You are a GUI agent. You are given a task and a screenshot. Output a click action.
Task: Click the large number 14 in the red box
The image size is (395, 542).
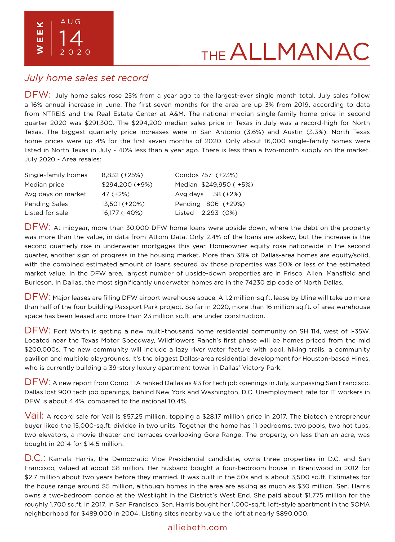coord(71,38)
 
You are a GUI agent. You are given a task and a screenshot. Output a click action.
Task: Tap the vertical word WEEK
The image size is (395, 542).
coord(40,38)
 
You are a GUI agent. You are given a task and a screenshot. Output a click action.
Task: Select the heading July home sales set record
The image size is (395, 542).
coord(86,78)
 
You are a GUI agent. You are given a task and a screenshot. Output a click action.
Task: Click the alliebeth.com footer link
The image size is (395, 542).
coord(197,527)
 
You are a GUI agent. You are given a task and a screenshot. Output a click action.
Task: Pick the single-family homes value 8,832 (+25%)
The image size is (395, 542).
coord(122,175)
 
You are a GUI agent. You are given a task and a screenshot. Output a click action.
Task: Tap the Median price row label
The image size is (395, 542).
coord(44,184)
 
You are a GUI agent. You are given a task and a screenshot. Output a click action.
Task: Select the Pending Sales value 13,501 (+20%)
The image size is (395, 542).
coord(123,204)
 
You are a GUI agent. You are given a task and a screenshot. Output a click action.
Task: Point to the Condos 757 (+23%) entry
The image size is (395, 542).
coord(206,175)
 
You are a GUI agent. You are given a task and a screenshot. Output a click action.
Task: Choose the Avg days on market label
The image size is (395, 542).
coord(55,194)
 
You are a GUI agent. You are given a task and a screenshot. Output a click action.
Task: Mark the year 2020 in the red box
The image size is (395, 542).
coord(75,52)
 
